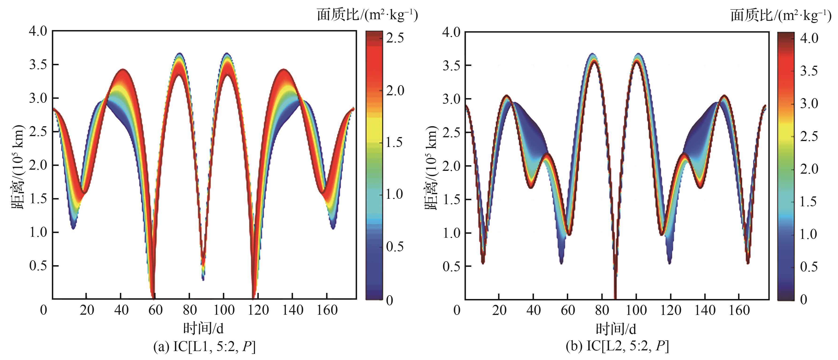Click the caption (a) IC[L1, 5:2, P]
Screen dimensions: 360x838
(204, 347)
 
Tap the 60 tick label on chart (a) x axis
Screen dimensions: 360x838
(155, 310)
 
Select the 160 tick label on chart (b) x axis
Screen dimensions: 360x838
(739, 310)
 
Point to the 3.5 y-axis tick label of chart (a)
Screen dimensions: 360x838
(38, 65)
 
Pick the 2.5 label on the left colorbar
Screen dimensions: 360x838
(395, 38)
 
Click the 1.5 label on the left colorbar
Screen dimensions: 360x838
(395, 142)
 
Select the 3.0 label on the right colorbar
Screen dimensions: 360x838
(809, 103)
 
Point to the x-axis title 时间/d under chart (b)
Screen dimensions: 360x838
(616, 329)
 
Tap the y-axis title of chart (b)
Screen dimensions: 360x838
(431, 168)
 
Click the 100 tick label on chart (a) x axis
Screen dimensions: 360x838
(224, 310)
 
